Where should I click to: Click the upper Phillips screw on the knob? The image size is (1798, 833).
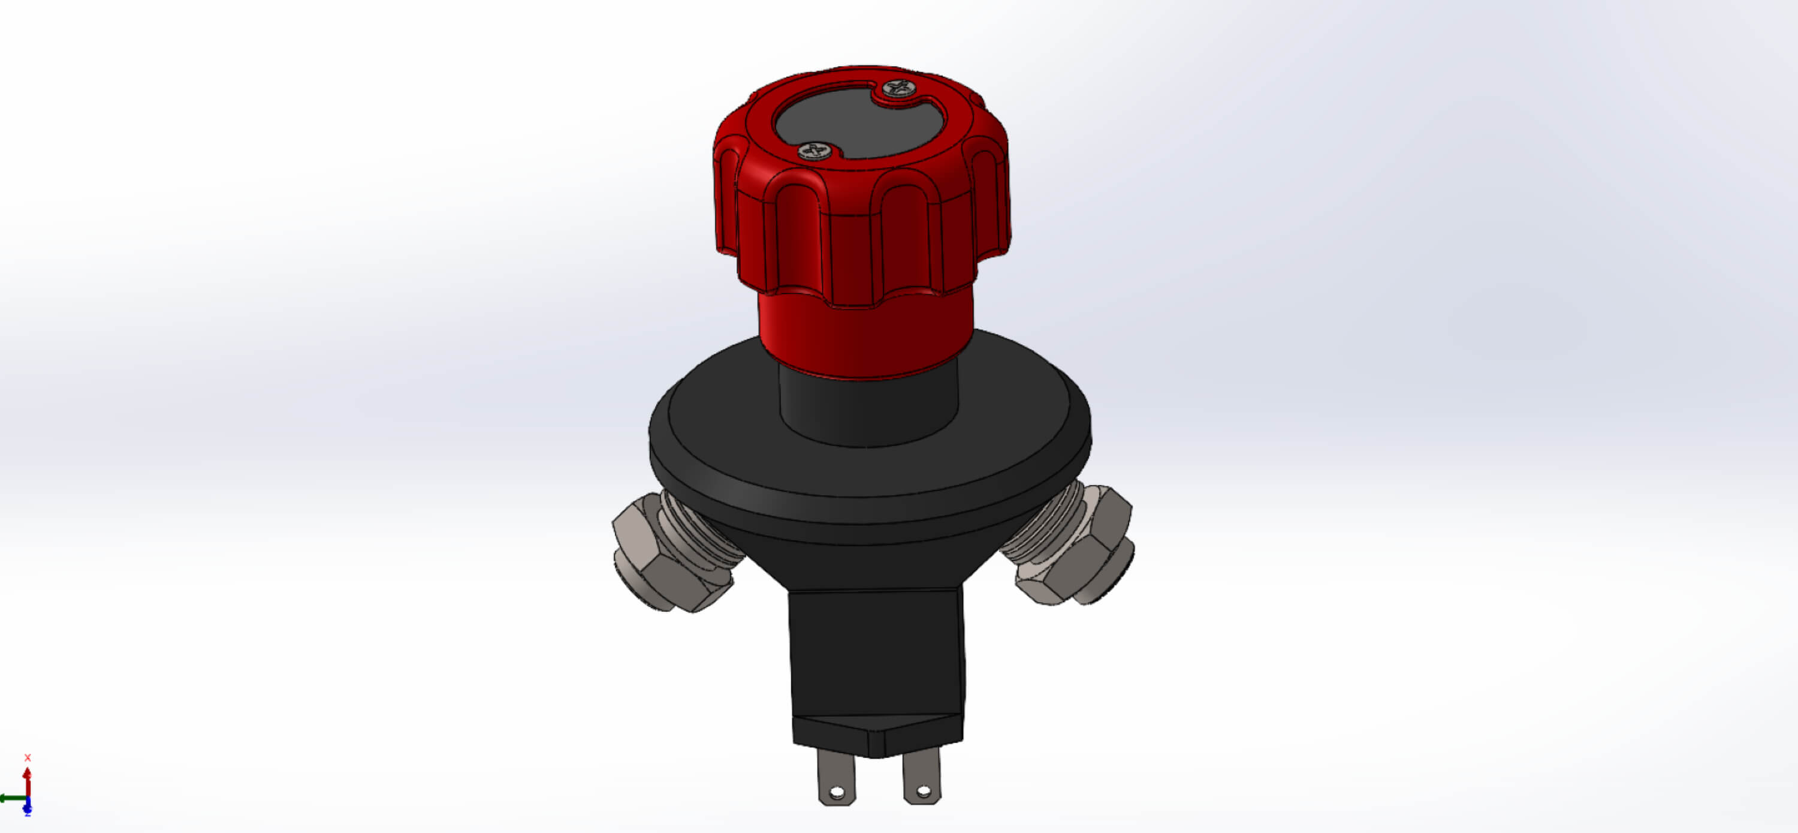coord(899,88)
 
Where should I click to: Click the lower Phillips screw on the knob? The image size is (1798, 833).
coord(814,150)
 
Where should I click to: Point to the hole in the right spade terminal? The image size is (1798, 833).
coord(923,791)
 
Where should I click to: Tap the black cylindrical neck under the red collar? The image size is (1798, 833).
coord(869,408)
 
